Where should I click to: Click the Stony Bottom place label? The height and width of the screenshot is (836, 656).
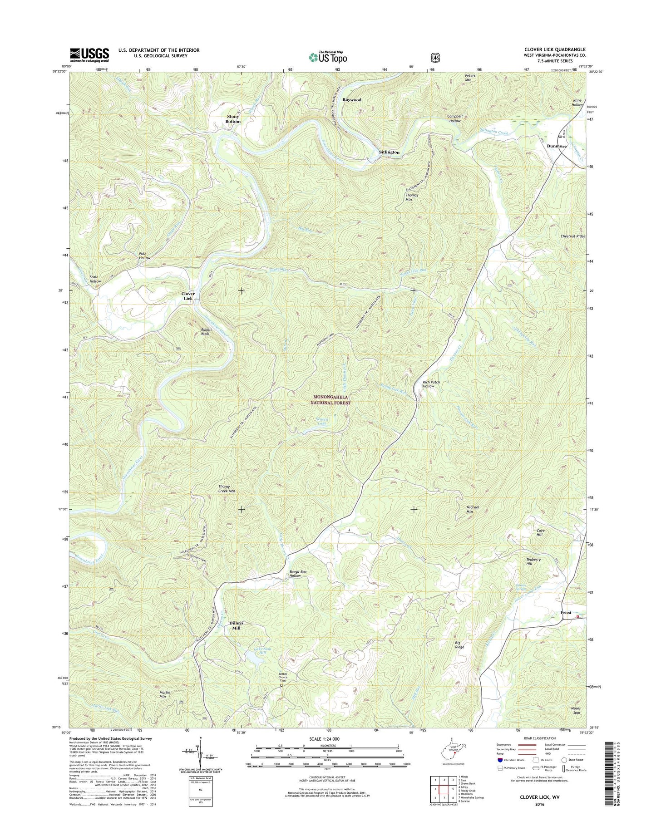(x=233, y=119)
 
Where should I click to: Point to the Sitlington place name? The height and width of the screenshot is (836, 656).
(x=389, y=152)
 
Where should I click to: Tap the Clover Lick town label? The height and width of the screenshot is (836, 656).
(x=188, y=296)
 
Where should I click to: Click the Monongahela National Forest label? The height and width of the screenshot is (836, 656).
(x=331, y=399)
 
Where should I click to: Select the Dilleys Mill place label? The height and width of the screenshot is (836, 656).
(x=236, y=625)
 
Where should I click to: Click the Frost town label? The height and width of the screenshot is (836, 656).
(x=566, y=613)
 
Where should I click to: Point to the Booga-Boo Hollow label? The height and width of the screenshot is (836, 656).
(x=295, y=573)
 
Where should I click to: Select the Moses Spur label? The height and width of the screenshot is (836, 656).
(x=575, y=710)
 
